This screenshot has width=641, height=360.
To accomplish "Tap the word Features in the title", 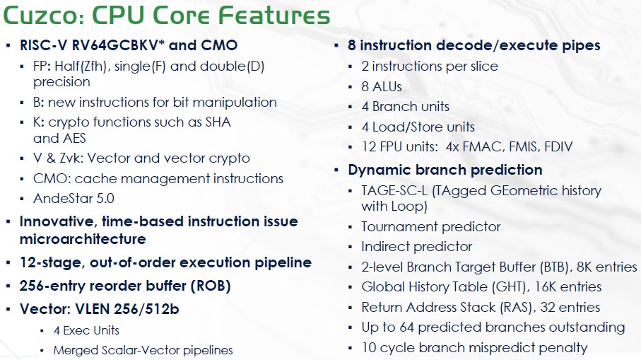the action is [274, 15].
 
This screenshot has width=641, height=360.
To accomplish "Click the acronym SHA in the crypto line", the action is [218, 122].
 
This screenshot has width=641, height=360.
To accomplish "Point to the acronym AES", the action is [73, 139].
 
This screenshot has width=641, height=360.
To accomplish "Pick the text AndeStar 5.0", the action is [73, 199].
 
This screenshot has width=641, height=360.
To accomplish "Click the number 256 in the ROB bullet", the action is [32, 286].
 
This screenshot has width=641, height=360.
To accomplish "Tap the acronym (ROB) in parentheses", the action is [211, 286].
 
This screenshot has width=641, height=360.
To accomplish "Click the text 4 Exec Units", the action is [86, 330].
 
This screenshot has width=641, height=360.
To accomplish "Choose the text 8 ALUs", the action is [382, 87].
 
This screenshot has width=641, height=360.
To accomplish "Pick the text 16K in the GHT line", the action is [546, 286].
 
